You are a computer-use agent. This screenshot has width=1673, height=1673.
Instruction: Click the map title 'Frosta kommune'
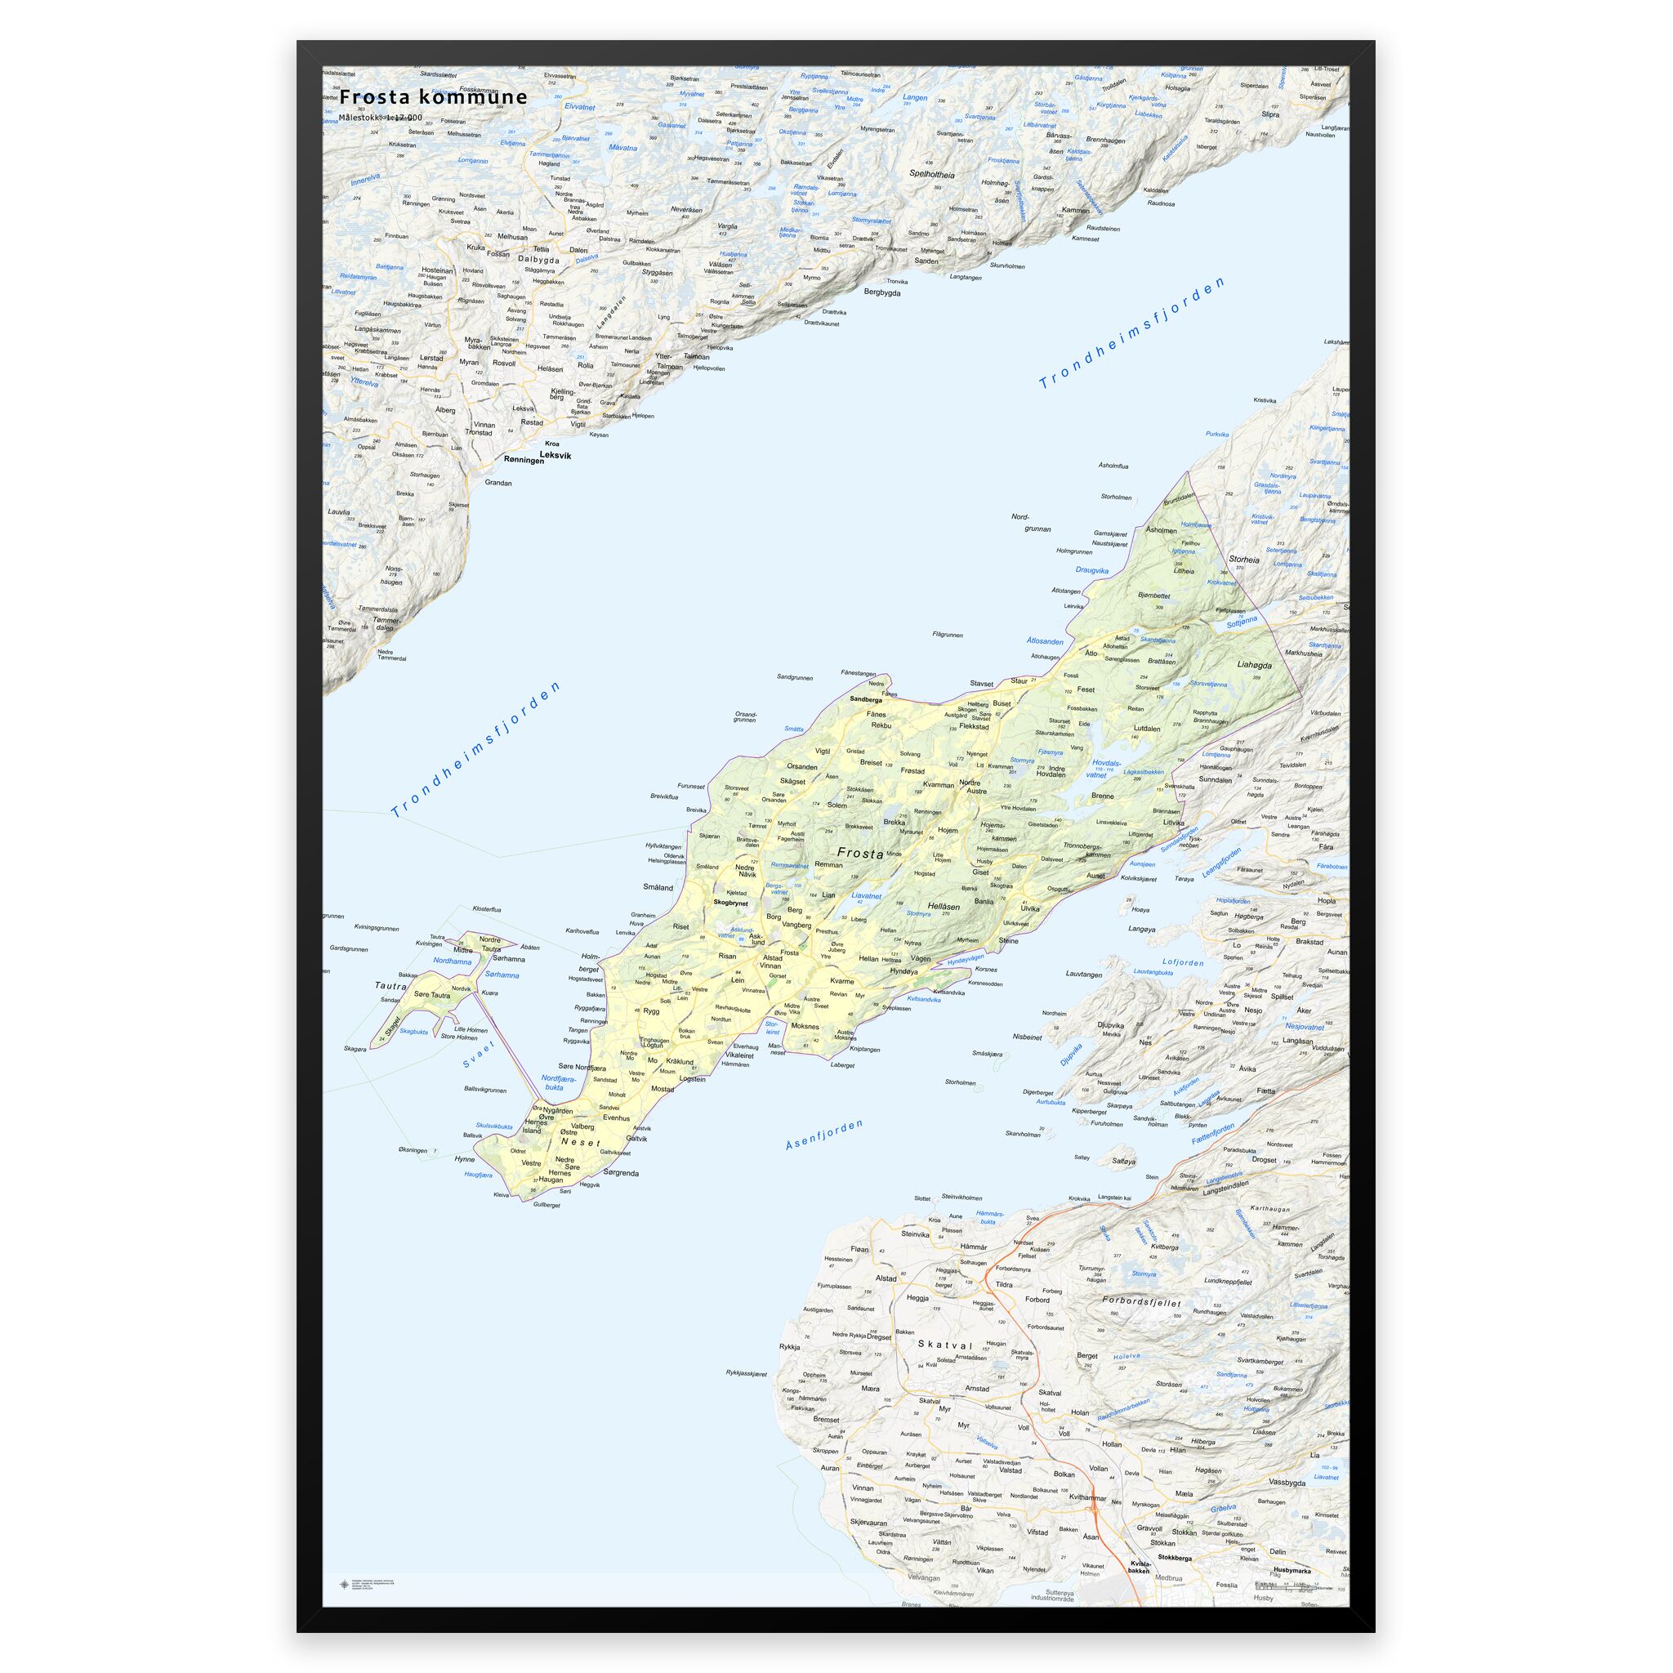click(433, 96)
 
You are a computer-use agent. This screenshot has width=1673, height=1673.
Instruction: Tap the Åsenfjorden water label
click(825, 1135)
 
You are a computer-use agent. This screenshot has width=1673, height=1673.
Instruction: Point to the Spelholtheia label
click(933, 174)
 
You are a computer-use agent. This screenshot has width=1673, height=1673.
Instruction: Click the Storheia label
click(1243, 560)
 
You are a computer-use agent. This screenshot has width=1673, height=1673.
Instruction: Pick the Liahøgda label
click(1255, 665)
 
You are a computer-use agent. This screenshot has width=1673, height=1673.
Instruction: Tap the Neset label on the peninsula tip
click(580, 1143)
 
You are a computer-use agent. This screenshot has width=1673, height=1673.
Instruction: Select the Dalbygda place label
click(538, 259)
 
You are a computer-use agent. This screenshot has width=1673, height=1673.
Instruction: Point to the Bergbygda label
click(881, 292)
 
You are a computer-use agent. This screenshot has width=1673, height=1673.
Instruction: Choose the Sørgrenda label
click(619, 1173)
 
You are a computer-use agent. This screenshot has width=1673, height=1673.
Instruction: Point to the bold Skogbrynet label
click(730, 903)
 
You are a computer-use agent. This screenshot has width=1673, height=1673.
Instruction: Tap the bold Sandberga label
click(865, 698)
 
